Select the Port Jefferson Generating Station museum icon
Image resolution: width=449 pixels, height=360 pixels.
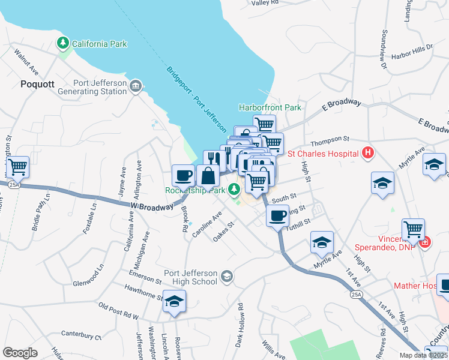[136, 87]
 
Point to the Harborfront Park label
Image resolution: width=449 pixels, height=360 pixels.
[270, 107]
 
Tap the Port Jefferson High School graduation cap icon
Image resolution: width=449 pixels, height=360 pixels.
[226, 276]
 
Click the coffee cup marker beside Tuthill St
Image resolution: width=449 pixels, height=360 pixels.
[277, 215]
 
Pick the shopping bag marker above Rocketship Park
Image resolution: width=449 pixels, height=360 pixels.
[208, 176]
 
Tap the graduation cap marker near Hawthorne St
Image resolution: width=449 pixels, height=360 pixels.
[174, 301]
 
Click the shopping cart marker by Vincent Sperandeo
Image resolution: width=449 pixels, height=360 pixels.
[413, 229]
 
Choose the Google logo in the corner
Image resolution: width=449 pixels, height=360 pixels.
[20, 352]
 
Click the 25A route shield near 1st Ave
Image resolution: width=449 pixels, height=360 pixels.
[355, 295]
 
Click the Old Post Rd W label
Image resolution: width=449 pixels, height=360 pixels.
[118, 311]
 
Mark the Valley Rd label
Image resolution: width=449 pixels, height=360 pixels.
[265, 3]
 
